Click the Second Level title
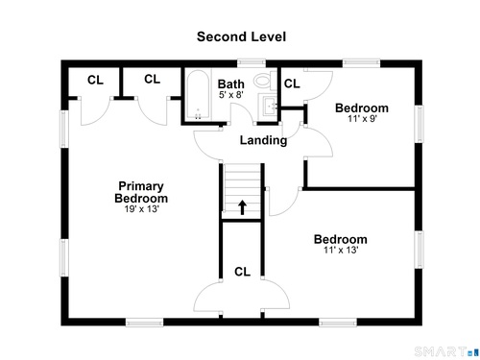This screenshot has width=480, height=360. (241, 36)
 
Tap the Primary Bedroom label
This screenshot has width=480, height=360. (141, 192)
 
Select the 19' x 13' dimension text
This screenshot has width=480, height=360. (142, 209)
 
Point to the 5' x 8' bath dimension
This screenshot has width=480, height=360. (231, 95)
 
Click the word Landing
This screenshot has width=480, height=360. (263, 140)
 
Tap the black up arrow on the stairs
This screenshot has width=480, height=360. (242, 207)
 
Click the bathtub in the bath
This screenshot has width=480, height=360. (198, 95)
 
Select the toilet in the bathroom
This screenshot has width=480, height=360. (265, 80)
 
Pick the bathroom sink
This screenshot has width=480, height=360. (268, 106)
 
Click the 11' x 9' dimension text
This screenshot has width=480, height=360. (362, 119)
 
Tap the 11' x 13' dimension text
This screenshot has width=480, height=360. (341, 250)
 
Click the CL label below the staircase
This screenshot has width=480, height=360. (242, 272)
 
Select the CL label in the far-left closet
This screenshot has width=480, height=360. (95, 80)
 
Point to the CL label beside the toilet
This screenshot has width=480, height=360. (292, 84)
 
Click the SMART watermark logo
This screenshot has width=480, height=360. (444, 351)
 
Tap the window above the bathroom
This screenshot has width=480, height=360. (252, 63)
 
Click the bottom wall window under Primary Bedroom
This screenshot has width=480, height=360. (144, 323)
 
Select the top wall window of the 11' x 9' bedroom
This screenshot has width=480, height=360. (361, 63)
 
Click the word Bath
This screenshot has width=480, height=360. (231, 84)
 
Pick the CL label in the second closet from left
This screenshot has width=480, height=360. (152, 79)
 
